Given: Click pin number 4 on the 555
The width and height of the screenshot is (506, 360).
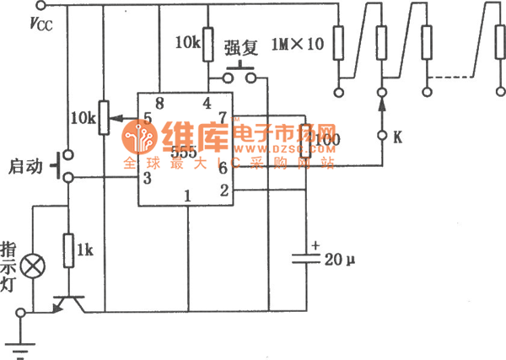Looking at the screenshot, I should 206,105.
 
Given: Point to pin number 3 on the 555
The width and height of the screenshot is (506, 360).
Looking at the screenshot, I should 148,177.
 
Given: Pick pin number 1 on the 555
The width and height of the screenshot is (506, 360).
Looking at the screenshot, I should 187,196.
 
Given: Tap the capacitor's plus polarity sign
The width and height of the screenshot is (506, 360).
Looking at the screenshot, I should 315,245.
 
